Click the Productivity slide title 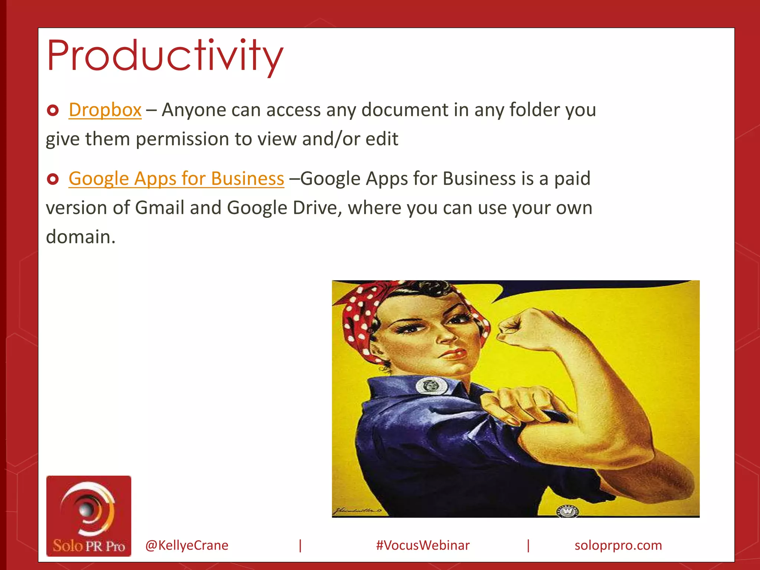(x=165, y=56)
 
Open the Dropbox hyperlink (x=105, y=110)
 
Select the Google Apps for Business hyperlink (x=176, y=178)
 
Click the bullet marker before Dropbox (x=53, y=110)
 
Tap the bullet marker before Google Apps (x=53, y=179)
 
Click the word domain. (x=80, y=237)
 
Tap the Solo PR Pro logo (x=89, y=516)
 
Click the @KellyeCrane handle (x=187, y=545)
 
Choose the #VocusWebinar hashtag (x=423, y=545)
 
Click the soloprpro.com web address (x=618, y=545)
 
